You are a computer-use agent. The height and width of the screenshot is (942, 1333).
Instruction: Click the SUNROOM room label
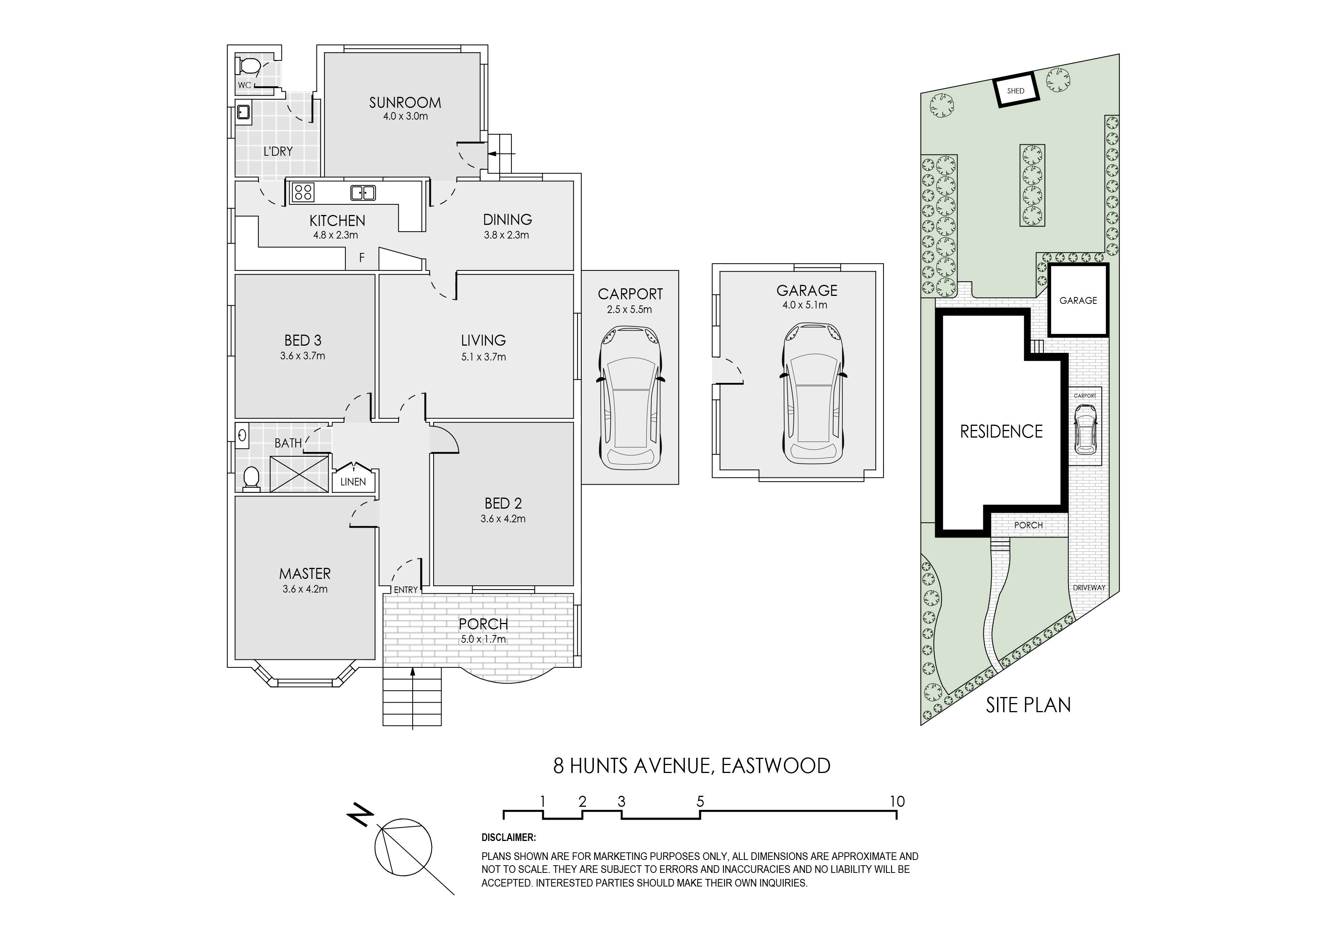click(x=405, y=103)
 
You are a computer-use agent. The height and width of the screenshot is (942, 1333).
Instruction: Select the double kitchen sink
click(x=363, y=192)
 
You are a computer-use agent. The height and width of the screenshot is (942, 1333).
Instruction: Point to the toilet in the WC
click(x=248, y=66)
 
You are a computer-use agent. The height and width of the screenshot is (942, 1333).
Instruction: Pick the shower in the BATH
click(x=299, y=474)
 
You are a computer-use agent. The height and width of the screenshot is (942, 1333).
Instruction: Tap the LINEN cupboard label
click(x=353, y=482)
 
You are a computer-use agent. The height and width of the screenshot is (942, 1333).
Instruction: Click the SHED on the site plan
click(x=1015, y=90)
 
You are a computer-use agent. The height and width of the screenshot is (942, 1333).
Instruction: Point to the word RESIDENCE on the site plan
click(x=1002, y=431)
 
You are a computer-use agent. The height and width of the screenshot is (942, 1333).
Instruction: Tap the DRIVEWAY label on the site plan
click(x=1089, y=587)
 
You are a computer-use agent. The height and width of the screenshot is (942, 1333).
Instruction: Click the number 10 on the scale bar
click(x=897, y=801)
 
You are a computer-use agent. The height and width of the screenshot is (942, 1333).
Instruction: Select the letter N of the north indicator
click(x=361, y=815)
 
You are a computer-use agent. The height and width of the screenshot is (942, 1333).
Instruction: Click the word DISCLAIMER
click(x=508, y=838)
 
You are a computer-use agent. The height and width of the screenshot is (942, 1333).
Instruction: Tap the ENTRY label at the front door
click(x=406, y=590)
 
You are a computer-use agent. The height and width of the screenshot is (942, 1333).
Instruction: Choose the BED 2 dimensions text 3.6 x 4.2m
click(x=503, y=519)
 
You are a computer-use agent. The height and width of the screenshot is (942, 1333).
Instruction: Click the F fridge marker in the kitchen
click(x=362, y=257)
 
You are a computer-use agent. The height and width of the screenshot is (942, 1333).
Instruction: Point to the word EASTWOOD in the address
click(x=776, y=766)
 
